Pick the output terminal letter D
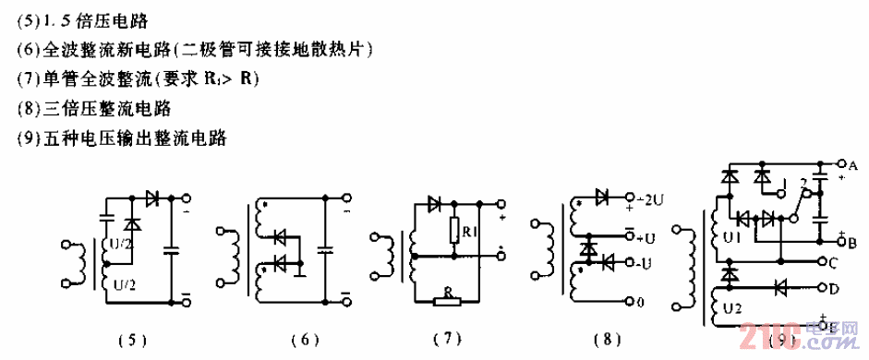pyautogui.click(x=833, y=288)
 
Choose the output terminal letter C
pyautogui.click(x=833, y=262)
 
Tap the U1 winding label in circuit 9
pyautogui.click(x=731, y=237)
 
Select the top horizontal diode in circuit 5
pyautogui.click(x=151, y=198)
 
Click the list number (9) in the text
pyautogui.click(x=29, y=139)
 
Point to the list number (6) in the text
pyautogui.click(x=29, y=48)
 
